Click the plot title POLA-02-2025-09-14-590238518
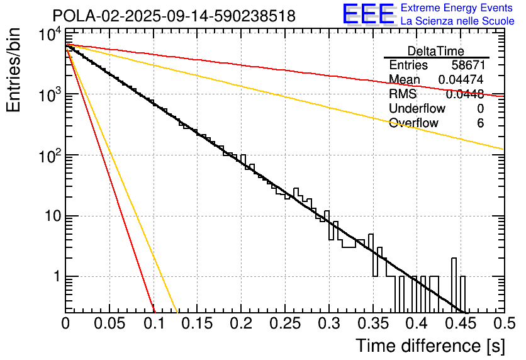[174, 16]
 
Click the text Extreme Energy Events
[457, 8]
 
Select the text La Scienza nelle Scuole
[457, 21]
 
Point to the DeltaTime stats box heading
[436, 51]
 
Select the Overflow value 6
[480, 123]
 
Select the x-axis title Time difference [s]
[429, 346]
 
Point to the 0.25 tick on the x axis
[284, 323]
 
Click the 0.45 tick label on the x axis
[460, 323]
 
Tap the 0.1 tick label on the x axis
[153, 323]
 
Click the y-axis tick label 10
[48, 216]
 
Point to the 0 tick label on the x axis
[65, 323]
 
